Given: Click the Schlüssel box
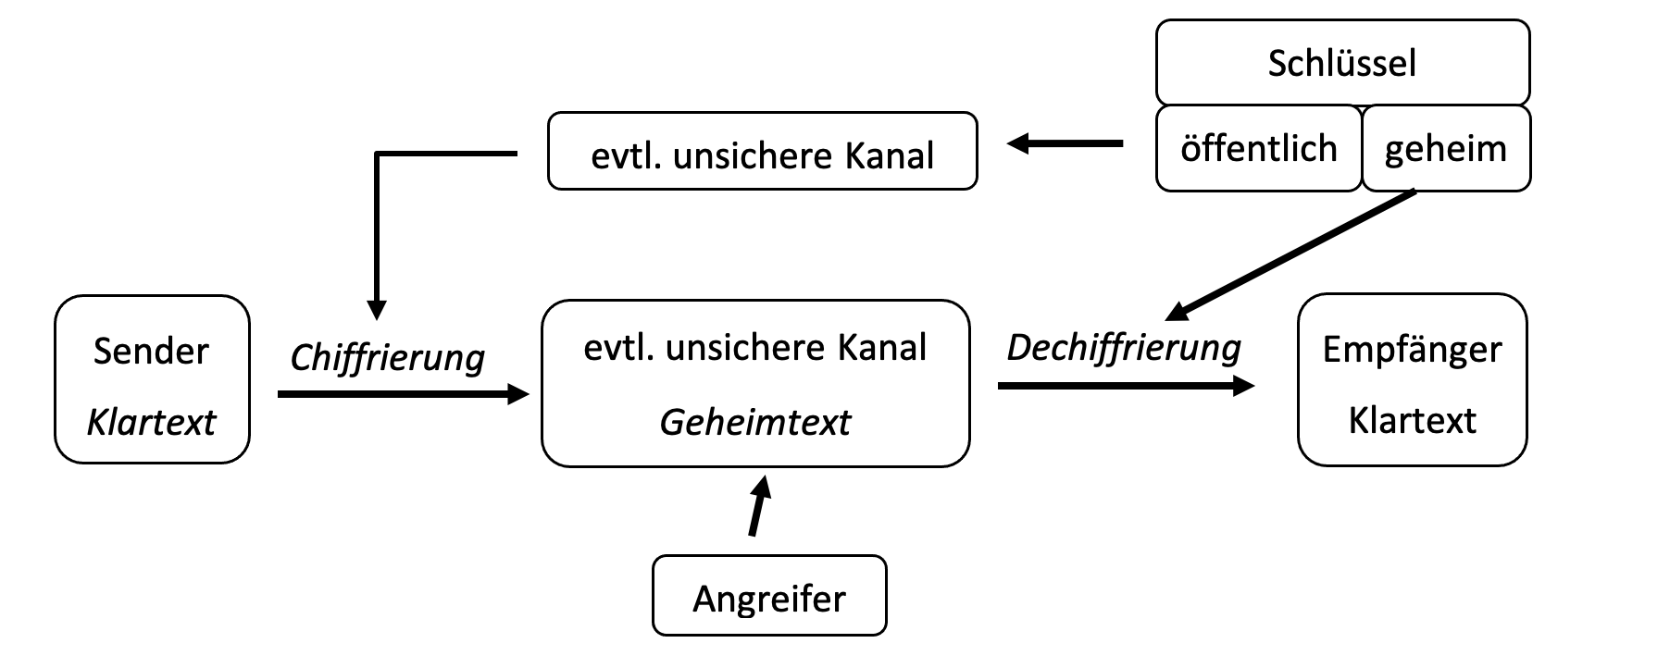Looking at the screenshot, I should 1342,63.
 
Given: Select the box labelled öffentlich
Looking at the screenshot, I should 1259,149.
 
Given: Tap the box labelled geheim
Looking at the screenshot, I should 1445,149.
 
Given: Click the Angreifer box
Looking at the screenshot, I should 769,597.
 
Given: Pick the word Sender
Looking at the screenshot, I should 151,352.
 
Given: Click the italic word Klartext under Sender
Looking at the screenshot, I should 151,423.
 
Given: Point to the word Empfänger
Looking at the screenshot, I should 1412,350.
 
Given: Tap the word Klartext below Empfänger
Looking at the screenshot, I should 1412,421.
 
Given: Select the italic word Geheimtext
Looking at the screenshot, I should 754,423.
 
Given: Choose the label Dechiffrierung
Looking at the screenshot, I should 1123,348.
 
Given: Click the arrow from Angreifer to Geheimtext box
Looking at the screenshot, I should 758,507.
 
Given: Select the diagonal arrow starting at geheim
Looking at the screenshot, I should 1290,254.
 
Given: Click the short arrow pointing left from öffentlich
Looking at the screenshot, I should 1065,144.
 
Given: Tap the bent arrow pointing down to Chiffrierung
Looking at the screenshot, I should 377,222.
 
